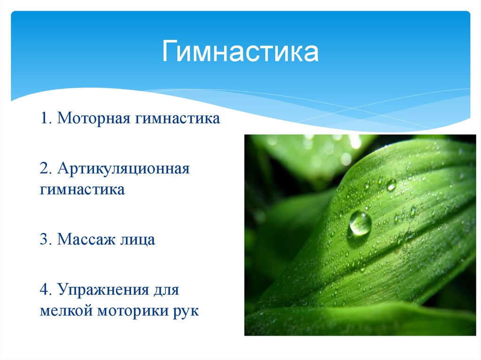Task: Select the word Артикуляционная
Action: [x=123, y=168]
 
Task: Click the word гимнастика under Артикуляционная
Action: [x=82, y=190]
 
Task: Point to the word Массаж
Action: [x=87, y=240]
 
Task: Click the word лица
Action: [x=137, y=240]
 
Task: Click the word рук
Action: [x=186, y=311]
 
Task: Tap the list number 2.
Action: [x=44, y=168]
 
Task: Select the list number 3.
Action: [x=44, y=240]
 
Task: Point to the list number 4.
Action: [x=44, y=290]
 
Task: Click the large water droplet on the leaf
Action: [x=360, y=223]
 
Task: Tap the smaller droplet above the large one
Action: [x=391, y=185]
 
